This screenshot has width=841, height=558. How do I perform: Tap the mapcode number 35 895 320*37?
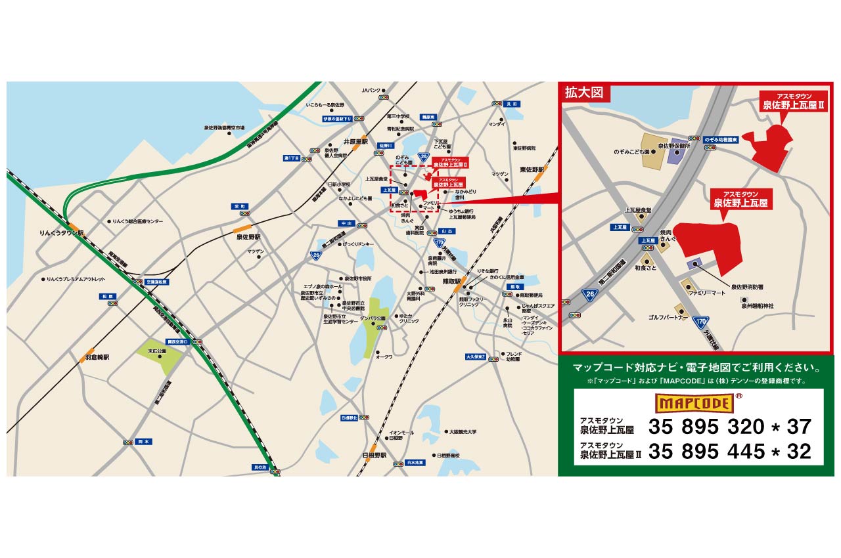730,427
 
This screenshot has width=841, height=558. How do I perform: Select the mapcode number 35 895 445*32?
730,451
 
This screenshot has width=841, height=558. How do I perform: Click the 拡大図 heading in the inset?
584,93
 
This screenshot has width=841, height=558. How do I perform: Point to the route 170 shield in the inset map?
701,322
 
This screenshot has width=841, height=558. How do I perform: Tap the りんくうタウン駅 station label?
62,233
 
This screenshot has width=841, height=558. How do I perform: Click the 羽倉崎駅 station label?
97,358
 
